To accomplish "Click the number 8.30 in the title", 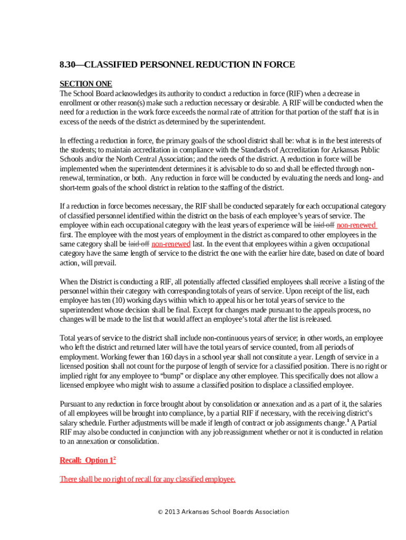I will (x=67, y=65).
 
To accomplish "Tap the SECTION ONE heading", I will (x=86, y=84).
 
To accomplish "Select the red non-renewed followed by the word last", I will (x=171, y=244).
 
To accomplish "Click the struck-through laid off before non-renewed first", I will (x=324, y=225).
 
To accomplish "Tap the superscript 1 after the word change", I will (x=347, y=421).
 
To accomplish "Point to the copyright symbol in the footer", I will (x=160, y=512).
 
